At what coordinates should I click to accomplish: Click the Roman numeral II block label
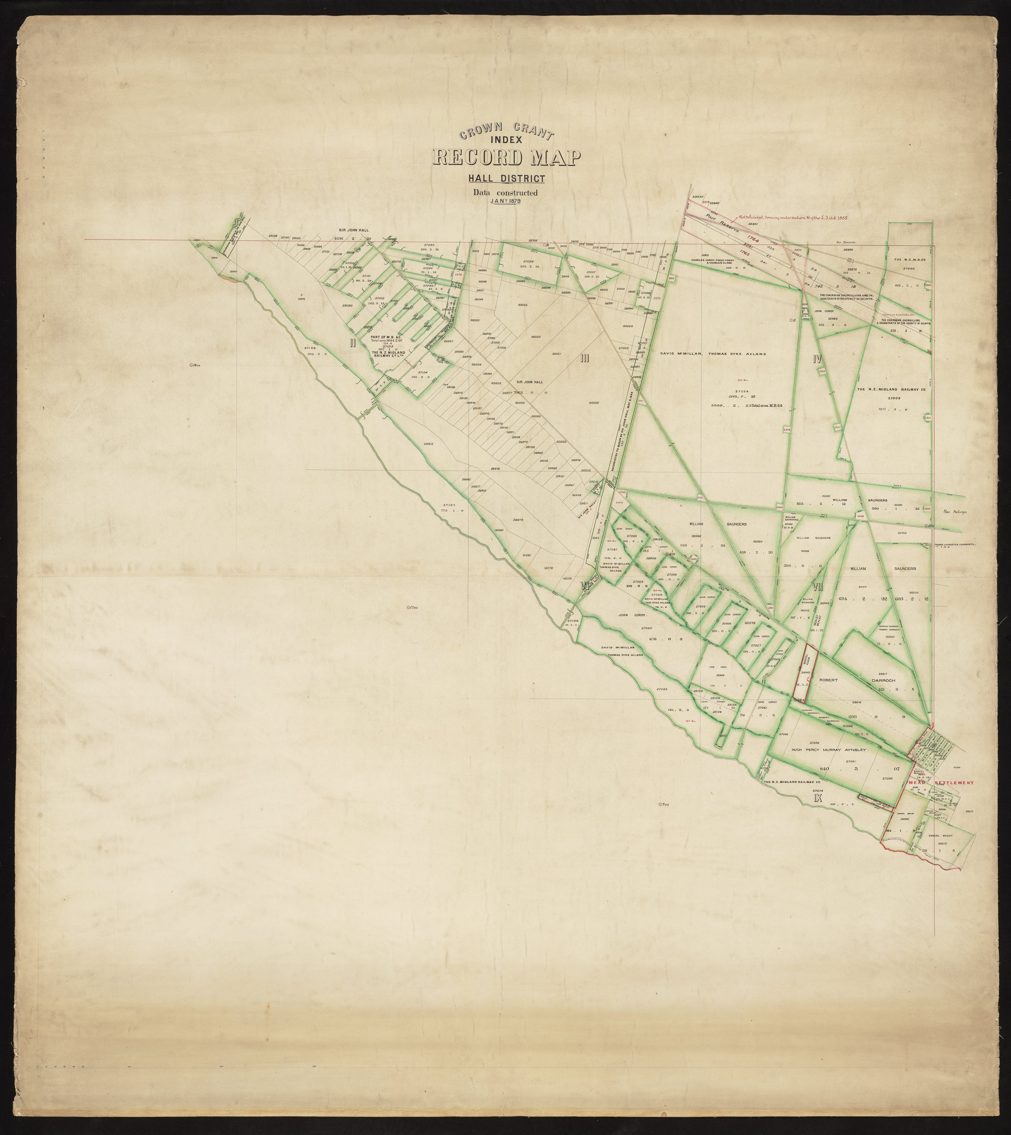[352, 343]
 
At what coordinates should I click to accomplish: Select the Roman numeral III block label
[584, 358]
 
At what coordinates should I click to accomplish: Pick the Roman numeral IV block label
[817, 359]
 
